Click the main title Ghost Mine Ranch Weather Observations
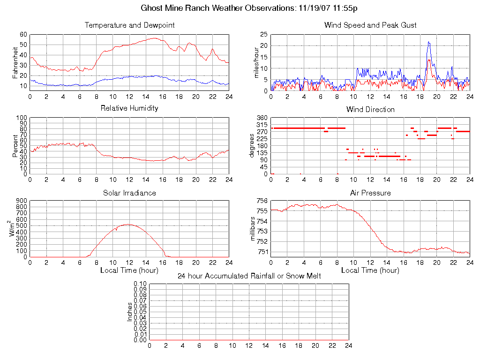pos(250,8)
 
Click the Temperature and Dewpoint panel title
pos(129,25)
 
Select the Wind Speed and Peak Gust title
pos(370,25)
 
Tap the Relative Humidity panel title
pos(129,108)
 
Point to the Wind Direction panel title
pos(370,110)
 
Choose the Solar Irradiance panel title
pos(129,193)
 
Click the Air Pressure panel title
pos(370,193)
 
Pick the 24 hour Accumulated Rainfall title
pos(249,276)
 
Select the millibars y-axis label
pos(254,229)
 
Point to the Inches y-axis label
pos(130,312)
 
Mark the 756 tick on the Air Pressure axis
pos(262,201)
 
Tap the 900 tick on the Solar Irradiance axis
pos(21,201)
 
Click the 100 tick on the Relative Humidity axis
pos(21,118)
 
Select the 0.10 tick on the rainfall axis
pos(140,284)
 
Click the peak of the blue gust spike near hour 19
pos(429,42)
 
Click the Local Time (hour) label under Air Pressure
pos(370,270)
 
